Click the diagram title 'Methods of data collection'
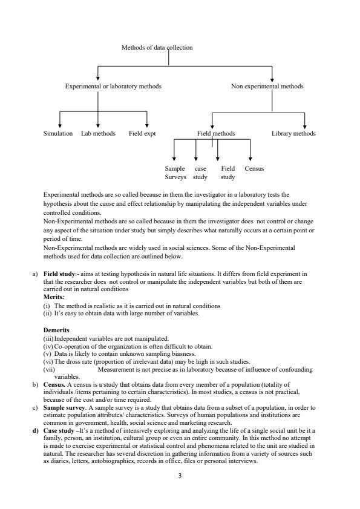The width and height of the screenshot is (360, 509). click(x=157, y=48)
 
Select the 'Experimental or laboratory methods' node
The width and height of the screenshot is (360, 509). click(x=113, y=87)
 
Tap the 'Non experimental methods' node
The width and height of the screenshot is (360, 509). click(x=267, y=87)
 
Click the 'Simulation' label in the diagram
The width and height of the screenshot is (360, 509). click(x=59, y=133)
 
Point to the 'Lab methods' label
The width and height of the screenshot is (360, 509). click(x=98, y=133)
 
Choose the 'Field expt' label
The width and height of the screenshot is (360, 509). click(x=142, y=133)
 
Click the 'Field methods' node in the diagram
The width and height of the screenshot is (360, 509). click(x=216, y=133)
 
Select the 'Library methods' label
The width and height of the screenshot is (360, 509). click(x=293, y=133)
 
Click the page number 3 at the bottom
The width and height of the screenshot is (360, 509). click(x=180, y=476)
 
